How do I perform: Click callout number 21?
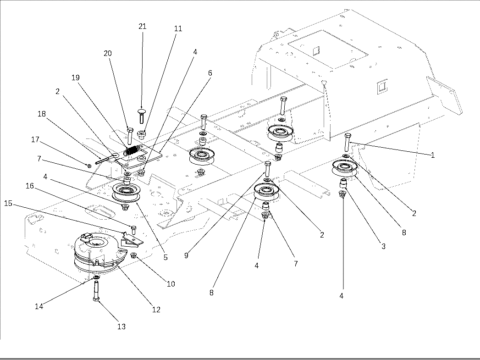[142, 26]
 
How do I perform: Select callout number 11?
[178, 28]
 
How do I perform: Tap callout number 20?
[107, 53]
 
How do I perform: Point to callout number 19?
[75, 78]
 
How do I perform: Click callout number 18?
[42, 114]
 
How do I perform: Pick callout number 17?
[35, 139]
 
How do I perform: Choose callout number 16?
[30, 186]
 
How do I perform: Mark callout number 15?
[8, 203]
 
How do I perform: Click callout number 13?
[121, 327]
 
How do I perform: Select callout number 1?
[433, 155]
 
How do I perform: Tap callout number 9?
[186, 255]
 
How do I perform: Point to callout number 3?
[383, 246]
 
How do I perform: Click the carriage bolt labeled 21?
[141, 116]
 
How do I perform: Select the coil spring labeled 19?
[132, 150]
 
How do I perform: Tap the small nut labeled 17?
[89, 166]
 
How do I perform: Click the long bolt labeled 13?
[96, 290]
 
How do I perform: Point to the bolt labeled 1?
[348, 142]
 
